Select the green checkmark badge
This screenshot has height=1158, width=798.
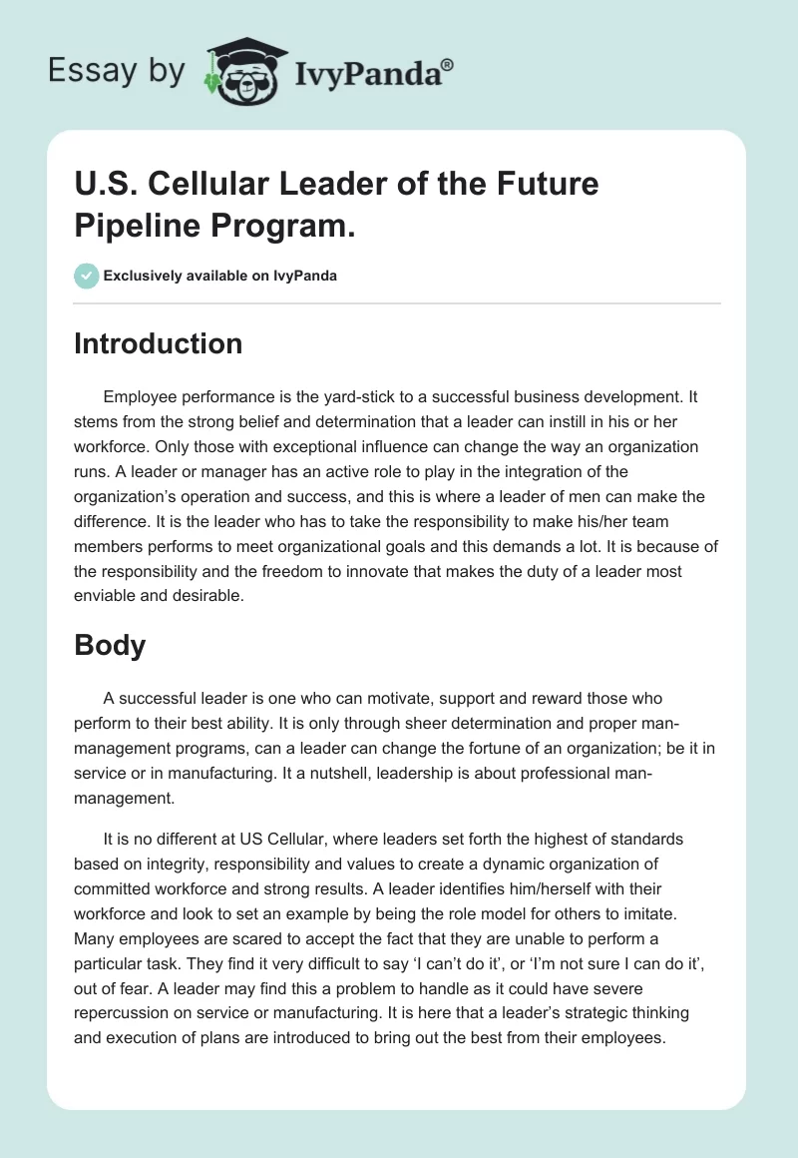click(87, 276)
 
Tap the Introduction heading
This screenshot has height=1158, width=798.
click(159, 344)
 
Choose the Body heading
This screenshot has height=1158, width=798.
click(110, 645)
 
